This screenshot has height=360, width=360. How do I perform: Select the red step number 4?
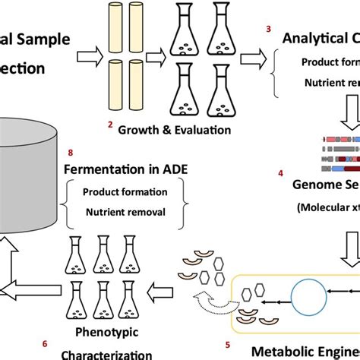coord(280,174)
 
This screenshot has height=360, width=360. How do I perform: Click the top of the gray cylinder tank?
coord(23,130)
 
